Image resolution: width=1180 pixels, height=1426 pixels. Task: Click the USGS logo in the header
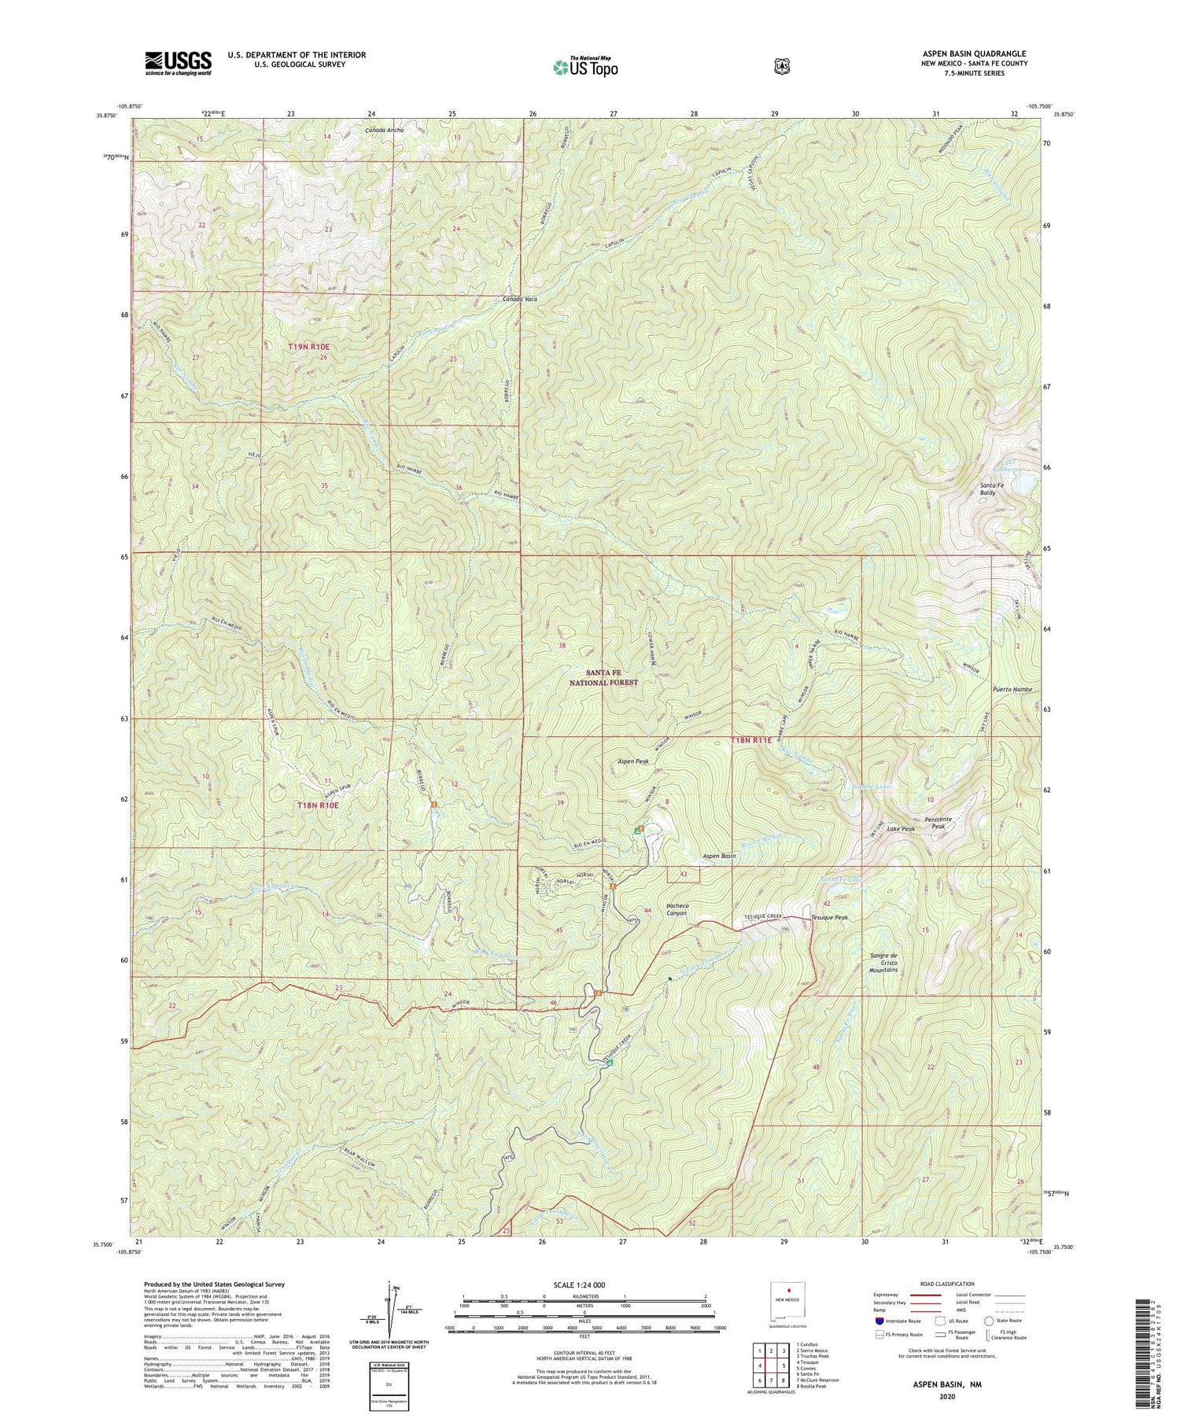(x=178, y=62)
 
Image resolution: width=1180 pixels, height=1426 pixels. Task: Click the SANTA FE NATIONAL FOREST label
(x=603, y=677)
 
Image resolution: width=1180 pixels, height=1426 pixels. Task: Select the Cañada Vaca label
(x=520, y=300)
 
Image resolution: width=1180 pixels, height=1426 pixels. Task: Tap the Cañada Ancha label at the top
(x=384, y=129)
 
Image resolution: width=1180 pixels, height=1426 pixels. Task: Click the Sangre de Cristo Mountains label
(x=883, y=964)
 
